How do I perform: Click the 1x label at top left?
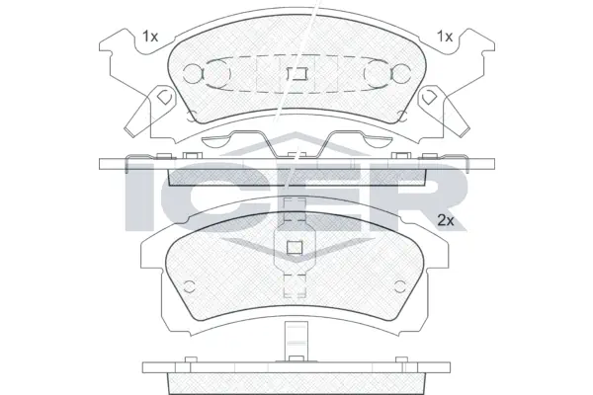click(x=150, y=37)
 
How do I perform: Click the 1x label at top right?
click(x=445, y=37)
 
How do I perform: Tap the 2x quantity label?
click(x=446, y=220)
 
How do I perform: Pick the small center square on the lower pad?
click(x=295, y=248)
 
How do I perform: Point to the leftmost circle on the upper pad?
click(x=192, y=73)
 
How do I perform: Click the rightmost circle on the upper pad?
click(x=401, y=73)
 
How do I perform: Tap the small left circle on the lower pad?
click(x=189, y=286)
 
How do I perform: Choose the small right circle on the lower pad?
click(x=399, y=286)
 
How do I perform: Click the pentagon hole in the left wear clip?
click(x=163, y=97)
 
